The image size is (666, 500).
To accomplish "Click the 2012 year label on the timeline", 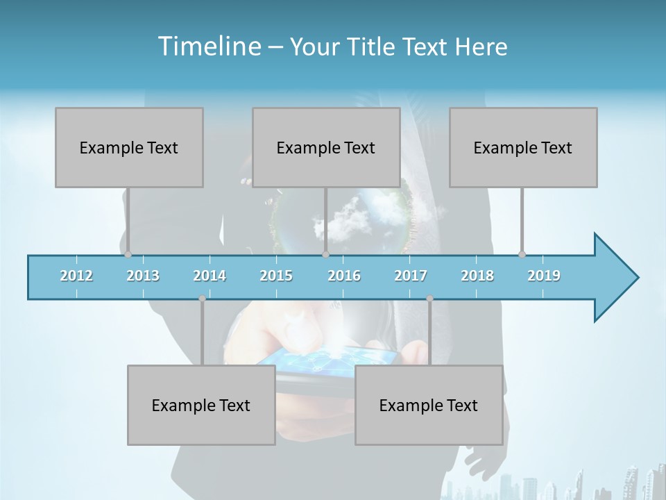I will point(76,276).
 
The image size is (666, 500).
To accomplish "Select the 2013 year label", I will point(143,276).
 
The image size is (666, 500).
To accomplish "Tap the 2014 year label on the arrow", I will point(210,276).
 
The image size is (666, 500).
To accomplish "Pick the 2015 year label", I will point(276,276).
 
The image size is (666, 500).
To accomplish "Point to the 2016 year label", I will point(344,276).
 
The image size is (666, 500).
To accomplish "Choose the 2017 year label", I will point(411,276).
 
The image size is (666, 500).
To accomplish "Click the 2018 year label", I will point(477,276).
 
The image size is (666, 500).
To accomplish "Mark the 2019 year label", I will point(544,276).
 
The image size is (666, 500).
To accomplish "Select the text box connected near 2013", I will point(129,147).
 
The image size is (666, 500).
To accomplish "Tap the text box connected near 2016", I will point(326,147).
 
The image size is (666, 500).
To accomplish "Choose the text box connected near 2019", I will point(523,147).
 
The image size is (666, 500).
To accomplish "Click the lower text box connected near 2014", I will point(201,405).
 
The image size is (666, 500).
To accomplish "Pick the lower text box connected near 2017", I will point(429,405).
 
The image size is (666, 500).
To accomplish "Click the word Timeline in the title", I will point(208,46).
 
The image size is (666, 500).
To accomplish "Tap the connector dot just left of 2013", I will point(128,255).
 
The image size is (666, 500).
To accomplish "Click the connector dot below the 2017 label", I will point(429,299).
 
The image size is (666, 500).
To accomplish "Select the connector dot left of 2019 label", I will point(522,255).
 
